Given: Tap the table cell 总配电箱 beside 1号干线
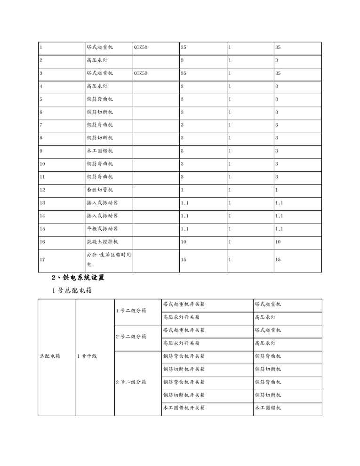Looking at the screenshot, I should pos(50,356).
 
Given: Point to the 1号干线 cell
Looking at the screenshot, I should pos(87,356).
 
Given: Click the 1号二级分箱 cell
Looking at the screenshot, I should pos(131,311).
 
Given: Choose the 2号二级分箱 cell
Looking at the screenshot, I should pos(131,337).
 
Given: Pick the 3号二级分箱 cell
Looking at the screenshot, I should pos(131,382).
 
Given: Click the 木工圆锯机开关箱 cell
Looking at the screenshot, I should pos(184,408).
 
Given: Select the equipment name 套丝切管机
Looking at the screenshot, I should pos(99,190).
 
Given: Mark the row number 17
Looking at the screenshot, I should pos(42,259).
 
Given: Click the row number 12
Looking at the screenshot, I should pos(42,190).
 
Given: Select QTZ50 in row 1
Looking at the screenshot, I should pos(141,48).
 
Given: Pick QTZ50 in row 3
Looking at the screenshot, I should pos(141,73).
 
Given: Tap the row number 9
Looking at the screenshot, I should pos(41,151).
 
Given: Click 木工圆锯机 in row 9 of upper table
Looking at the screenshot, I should pos(99,151).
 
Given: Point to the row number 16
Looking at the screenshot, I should pos(42,241).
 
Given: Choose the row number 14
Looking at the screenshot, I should pos(42,216).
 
